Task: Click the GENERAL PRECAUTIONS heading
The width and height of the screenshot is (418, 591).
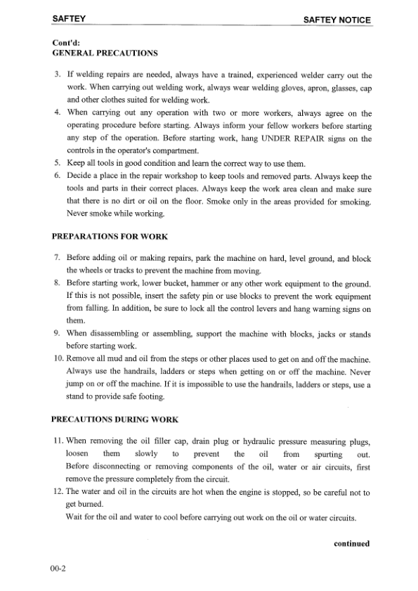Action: point(105,53)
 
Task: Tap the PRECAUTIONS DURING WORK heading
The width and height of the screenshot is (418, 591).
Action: point(115,420)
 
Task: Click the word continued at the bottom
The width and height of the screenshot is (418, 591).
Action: point(351,543)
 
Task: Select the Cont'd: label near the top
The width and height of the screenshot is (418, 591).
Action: point(66,43)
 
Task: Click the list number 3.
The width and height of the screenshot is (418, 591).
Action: point(58,74)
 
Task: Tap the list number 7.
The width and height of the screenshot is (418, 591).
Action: point(58,258)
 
